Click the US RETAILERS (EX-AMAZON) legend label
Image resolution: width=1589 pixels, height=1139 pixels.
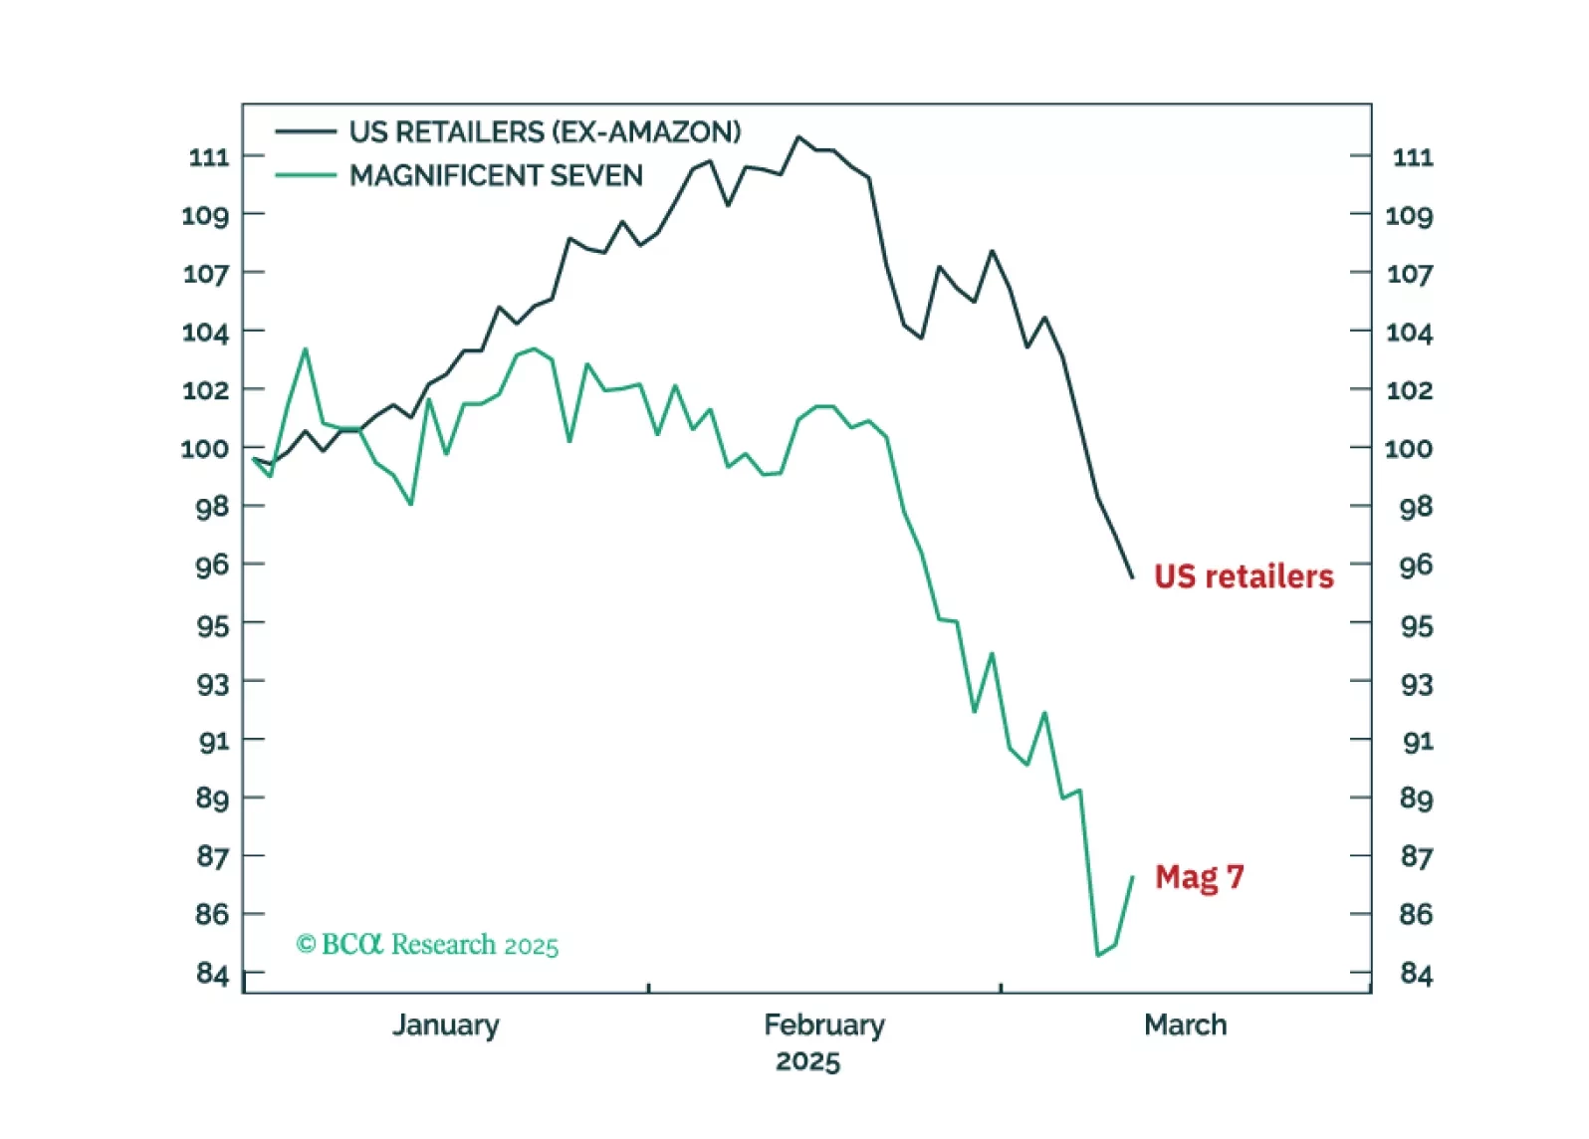[545, 131]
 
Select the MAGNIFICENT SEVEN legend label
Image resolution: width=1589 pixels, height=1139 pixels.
[496, 175]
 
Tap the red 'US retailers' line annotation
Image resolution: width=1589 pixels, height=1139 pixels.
[1244, 576]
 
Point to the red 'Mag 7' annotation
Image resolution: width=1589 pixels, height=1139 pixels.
[1199, 877]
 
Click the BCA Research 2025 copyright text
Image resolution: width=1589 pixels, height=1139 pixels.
[427, 944]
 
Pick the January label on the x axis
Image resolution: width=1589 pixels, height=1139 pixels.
[445, 1025]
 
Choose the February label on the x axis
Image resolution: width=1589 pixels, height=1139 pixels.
[823, 1025]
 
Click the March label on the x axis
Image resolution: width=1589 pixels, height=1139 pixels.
[1185, 1025]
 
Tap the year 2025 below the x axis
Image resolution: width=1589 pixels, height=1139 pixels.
[807, 1061]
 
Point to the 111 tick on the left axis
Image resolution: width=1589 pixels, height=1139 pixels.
[209, 157]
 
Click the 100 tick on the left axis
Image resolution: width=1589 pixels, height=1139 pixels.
[204, 449]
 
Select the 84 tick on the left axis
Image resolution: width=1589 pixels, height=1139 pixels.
[212, 973]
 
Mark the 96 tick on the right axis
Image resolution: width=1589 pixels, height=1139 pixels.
[1415, 566]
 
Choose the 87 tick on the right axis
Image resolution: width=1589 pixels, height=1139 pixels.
[1415, 856]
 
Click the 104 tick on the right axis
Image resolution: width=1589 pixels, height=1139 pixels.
[1409, 333]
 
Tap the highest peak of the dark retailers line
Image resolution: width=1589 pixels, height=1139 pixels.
[798, 137]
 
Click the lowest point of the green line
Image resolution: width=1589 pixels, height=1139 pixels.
[1097, 956]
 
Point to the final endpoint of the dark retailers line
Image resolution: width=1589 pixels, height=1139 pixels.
[1132, 576]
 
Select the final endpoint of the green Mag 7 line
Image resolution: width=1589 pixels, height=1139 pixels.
[1133, 877]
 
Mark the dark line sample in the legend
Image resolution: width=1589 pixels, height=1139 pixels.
[306, 131]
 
